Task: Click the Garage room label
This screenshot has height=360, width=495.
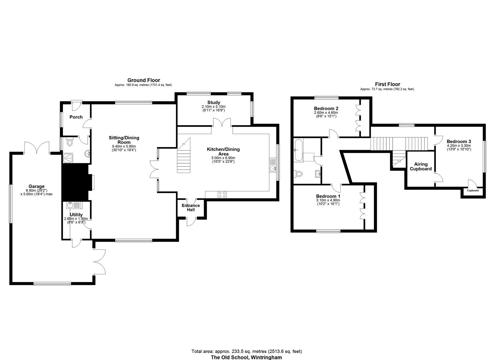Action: pyautogui.click(x=36, y=186)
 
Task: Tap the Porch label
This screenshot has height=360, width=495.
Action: pyautogui.click(x=76, y=117)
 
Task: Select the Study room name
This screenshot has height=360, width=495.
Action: pyautogui.click(x=214, y=103)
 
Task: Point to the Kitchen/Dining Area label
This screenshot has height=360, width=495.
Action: pyautogui.click(x=223, y=152)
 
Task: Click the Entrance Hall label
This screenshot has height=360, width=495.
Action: pyautogui.click(x=191, y=208)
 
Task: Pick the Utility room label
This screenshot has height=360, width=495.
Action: pyautogui.click(x=76, y=215)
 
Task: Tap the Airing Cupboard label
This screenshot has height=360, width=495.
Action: pyautogui.click(x=421, y=166)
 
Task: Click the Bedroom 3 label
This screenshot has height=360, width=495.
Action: pyautogui.click(x=459, y=141)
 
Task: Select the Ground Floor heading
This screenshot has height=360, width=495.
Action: pyautogui.click(x=144, y=80)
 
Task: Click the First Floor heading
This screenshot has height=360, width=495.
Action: pyautogui.click(x=387, y=84)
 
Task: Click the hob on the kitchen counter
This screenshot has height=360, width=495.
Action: pyautogui.click(x=222, y=194)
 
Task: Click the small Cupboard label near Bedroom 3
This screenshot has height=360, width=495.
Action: pyautogui.click(x=473, y=190)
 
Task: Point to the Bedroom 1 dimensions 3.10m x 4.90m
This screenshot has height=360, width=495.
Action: pyautogui.click(x=328, y=200)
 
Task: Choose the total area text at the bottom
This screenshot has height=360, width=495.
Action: pyautogui.click(x=247, y=351)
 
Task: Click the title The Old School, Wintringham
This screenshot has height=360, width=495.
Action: pyautogui.click(x=246, y=357)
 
